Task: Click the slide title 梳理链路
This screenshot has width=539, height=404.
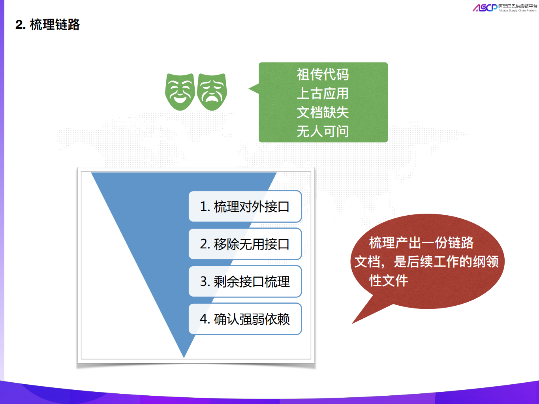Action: coord(54,24)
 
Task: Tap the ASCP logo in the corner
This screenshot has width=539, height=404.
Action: coord(485,8)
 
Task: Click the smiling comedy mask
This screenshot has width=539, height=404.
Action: coord(180,92)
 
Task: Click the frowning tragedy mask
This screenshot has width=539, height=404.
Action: coord(212,92)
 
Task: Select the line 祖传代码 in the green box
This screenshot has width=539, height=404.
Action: coord(323,74)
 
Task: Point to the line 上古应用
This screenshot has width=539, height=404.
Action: coord(323,94)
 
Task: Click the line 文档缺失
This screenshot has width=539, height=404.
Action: coord(323,113)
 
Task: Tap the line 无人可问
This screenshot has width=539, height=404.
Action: coord(323,131)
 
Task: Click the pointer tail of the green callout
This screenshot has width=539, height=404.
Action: coord(253,89)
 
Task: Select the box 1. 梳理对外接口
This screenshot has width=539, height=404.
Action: coord(245,207)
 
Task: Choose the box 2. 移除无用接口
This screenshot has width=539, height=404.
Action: coord(245,244)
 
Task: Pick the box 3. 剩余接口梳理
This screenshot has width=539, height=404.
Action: coord(245,282)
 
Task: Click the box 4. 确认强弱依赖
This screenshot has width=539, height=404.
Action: coord(245,319)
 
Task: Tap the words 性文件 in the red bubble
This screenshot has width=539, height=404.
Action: coord(389,281)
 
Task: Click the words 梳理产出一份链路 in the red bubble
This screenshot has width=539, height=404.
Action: coord(421,242)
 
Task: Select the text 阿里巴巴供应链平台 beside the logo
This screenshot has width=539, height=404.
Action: coord(518,6)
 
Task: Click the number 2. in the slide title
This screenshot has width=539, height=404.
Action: coord(21,25)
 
